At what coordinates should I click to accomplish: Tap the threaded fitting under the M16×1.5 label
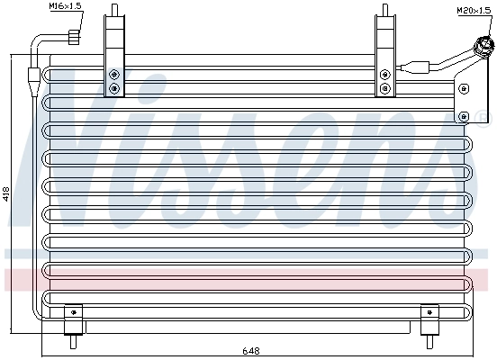click(x=73, y=36)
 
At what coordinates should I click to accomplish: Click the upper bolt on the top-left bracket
click(x=113, y=75)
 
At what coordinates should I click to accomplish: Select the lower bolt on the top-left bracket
click(x=113, y=88)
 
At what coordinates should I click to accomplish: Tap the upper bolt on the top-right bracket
click(x=385, y=75)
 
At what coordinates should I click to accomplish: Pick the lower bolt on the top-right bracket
click(x=385, y=88)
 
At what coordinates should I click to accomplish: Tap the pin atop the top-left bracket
click(x=113, y=9)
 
